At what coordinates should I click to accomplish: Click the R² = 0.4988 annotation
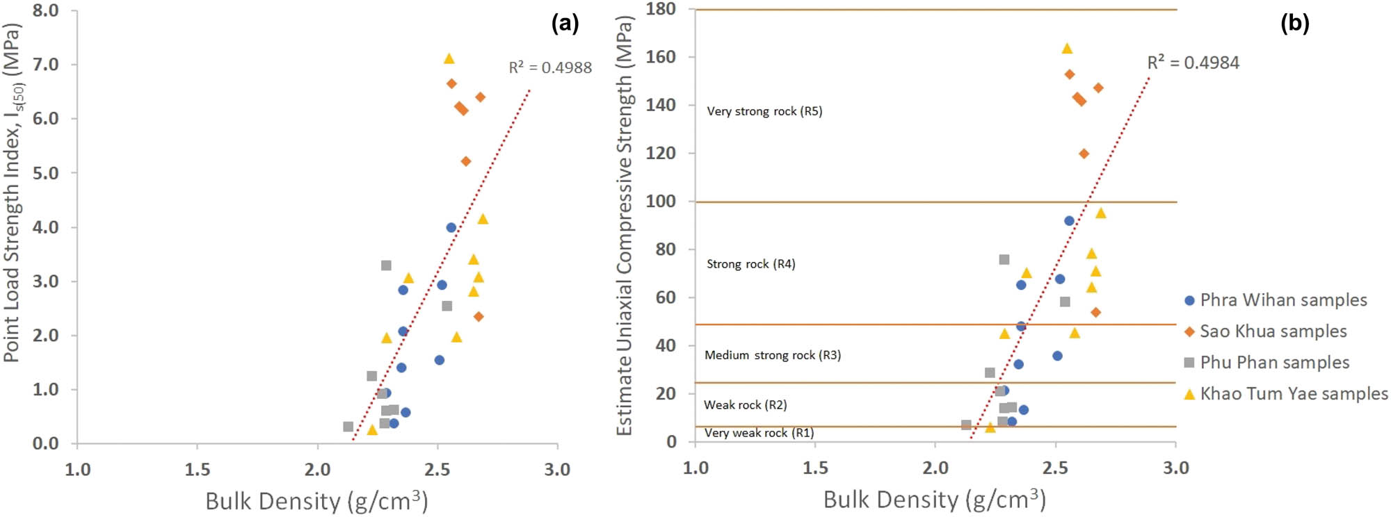[550, 67]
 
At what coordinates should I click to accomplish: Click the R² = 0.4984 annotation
[1193, 63]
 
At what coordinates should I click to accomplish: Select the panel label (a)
[565, 24]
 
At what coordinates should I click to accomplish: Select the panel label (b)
[1294, 24]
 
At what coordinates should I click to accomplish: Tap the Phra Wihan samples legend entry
[1276, 300]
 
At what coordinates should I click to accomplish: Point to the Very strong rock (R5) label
[764, 111]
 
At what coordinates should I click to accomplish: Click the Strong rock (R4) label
[750, 264]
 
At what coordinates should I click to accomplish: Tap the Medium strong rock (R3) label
[772, 355]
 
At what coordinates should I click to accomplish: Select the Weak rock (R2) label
[745, 405]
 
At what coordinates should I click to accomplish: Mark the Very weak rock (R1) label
[759, 433]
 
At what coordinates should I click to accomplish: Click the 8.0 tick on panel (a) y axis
[45, 10]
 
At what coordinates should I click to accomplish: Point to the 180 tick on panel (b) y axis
[661, 9]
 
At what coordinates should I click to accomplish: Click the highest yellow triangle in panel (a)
[449, 58]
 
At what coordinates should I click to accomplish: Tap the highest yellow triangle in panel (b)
[1067, 49]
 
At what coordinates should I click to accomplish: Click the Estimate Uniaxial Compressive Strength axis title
[625, 226]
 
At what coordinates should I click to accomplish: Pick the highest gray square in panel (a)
[386, 265]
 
